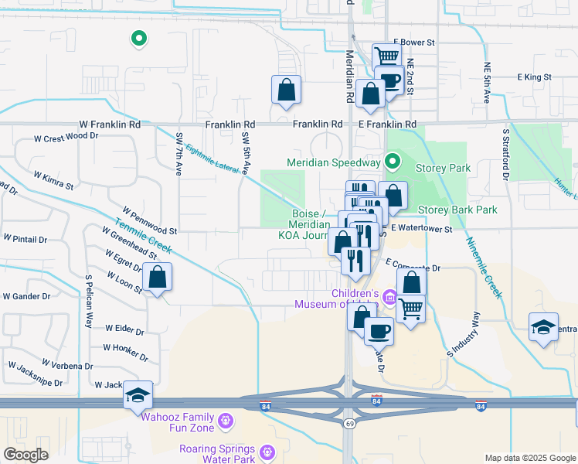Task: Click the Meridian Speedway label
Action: pyautogui.click(x=334, y=162)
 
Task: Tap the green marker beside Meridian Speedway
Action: pyautogui.click(x=393, y=162)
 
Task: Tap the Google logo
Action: pyautogui.click(x=25, y=455)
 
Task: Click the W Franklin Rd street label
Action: pyautogui.click(x=110, y=124)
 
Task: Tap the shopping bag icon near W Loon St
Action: pyautogui.click(x=157, y=278)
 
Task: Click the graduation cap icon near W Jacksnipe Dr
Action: pyautogui.click(x=138, y=395)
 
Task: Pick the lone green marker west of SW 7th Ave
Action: pyautogui.click(x=138, y=37)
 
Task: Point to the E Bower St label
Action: pyautogui.click(x=414, y=43)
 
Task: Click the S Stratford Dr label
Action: pyautogui.click(x=505, y=154)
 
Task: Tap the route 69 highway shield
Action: pyautogui.click(x=349, y=424)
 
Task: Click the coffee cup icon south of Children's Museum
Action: pyautogui.click(x=378, y=332)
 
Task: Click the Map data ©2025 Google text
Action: pyautogui.click(x=529, y=458)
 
